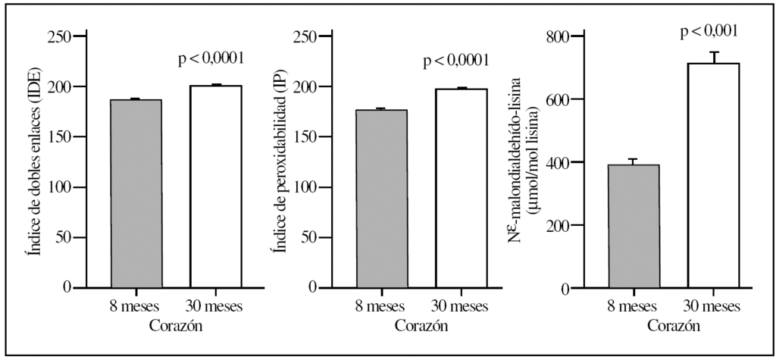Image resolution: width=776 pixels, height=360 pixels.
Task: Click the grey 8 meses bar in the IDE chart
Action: [x=136, y=193]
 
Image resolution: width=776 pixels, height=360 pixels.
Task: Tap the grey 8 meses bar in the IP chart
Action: [x=381, y=199]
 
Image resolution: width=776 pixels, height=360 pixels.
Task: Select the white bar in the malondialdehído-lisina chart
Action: [x=713, y=175]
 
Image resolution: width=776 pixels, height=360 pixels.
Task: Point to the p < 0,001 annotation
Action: [x=709, y=31]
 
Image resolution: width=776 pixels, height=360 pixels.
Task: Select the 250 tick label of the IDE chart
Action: [x=60, y=37]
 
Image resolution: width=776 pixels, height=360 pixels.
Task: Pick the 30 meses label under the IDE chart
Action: [x=215, y=307]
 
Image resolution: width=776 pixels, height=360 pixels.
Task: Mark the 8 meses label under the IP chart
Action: [x=381, y=307]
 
